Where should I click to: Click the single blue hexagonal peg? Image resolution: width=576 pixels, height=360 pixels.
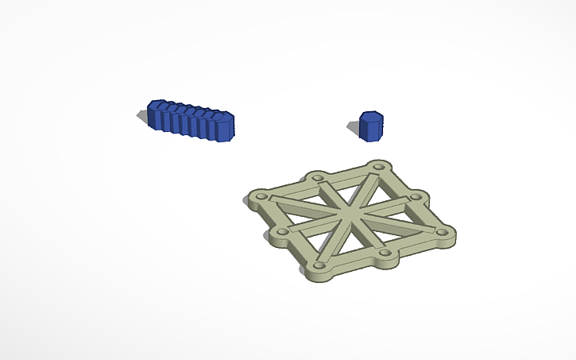pos(371,127)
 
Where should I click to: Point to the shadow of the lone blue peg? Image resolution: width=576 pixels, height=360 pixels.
pos(354,126)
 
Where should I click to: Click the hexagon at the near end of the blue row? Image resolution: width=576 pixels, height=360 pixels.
pos(222,127)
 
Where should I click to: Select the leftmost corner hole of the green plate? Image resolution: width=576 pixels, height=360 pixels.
pos(258,195)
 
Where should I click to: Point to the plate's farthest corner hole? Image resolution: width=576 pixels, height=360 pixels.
pos(378,168)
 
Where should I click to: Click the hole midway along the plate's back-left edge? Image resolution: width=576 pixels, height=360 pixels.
pos(318,177)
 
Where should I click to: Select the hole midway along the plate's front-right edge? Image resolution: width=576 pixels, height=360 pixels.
pos(386,254)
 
